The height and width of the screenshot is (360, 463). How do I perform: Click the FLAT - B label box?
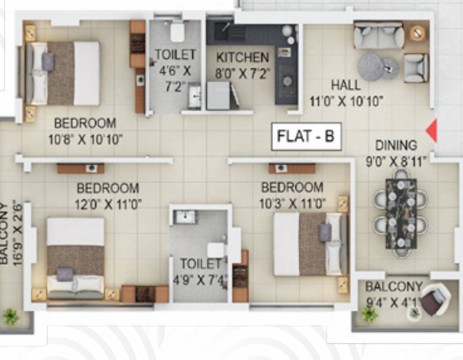[306, 136]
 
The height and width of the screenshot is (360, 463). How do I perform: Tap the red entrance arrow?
[432, 131]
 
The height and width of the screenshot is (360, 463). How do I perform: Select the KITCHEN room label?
[242, 58]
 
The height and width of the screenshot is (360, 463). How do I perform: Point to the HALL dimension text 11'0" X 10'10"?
[346, 101]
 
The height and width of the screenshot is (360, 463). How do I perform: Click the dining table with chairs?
[401, 213]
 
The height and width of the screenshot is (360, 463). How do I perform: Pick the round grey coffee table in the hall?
[371, 67]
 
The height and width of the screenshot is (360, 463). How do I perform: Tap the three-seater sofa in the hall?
[379, 36]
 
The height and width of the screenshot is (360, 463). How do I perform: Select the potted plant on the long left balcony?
[10, 317]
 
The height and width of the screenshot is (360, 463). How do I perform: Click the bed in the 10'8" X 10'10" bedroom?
[62, 73]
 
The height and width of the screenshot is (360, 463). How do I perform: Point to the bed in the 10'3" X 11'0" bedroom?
[310, 244]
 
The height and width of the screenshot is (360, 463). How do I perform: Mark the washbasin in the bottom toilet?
[185, 217]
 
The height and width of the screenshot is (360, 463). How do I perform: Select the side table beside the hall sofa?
[417, 33]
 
